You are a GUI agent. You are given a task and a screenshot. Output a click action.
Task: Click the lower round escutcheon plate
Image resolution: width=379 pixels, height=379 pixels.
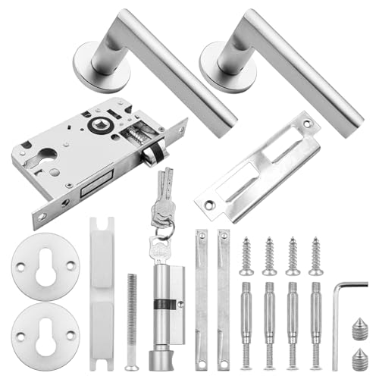pyautogui.click(x=45, y=331)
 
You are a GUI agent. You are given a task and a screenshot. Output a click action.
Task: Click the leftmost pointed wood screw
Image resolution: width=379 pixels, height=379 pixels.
pyautogui.click(x=246, y=255)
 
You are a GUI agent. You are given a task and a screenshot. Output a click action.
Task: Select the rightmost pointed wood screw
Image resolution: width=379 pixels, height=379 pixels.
pyautogui.click(x=315, y=255)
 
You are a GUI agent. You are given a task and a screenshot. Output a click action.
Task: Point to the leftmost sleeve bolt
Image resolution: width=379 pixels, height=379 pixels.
pyautogui.click(x=246, y=318)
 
